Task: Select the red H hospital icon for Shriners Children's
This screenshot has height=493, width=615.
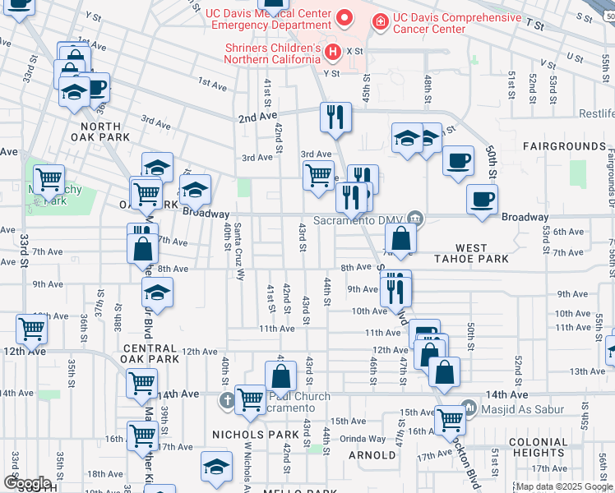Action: [333, 53]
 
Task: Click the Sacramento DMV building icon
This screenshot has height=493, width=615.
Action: [416, 218]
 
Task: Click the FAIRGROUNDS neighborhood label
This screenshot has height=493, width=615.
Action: [564, 146]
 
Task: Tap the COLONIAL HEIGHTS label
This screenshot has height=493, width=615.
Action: [538, 447]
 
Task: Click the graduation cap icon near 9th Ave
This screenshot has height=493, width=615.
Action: [157, 292]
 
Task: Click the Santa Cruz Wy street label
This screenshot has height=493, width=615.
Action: [239, 252]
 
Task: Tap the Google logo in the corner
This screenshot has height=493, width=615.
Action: [27, 483]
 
